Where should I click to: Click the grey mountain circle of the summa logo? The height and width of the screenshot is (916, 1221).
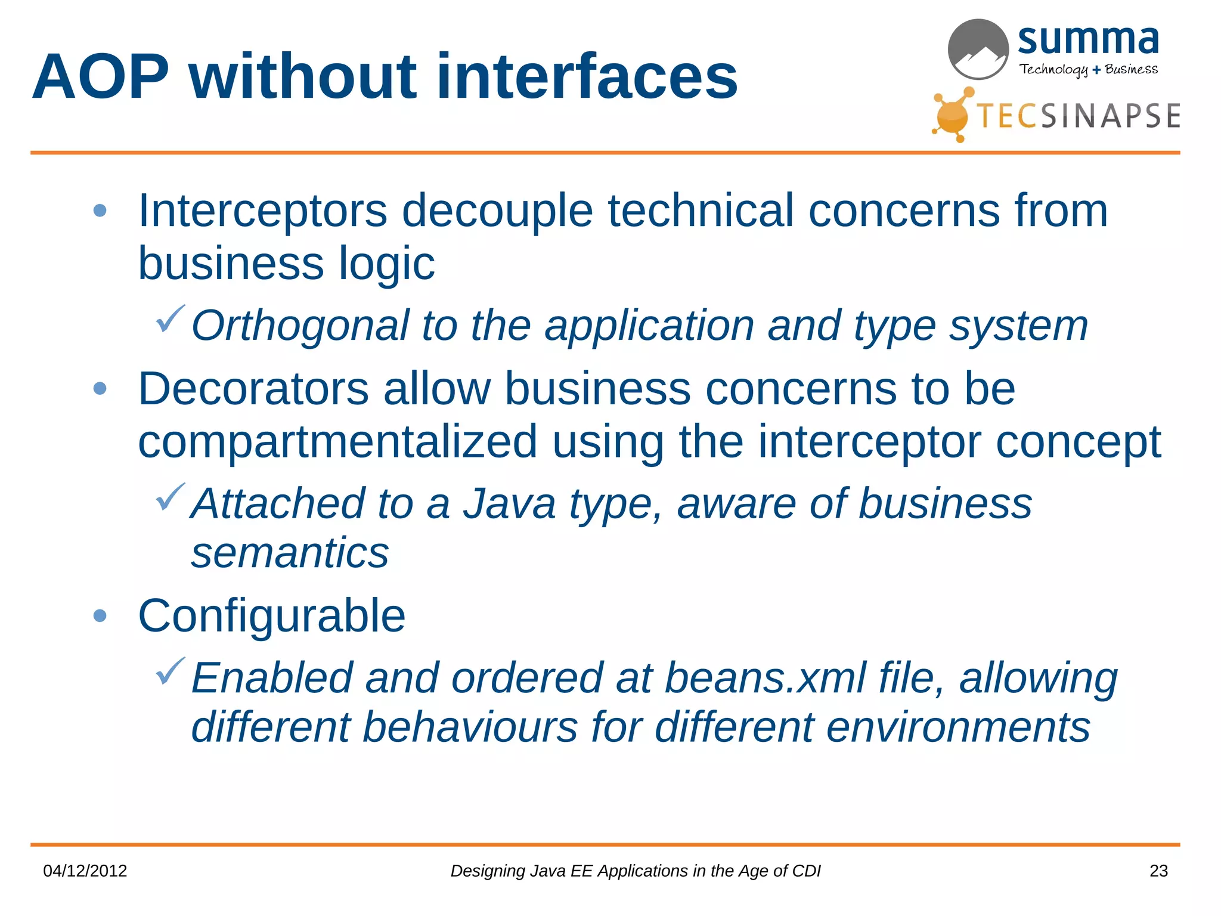(978, 49)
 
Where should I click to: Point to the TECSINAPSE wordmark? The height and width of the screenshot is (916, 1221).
(1078, 116)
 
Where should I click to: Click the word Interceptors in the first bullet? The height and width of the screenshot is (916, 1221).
(262, 211)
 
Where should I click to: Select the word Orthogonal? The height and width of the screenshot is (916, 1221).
(300, 326)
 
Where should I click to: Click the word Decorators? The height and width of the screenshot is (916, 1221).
(253, 389)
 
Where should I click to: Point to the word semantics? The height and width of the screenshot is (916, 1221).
(290, 553)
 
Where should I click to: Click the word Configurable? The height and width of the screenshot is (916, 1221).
(271, 616)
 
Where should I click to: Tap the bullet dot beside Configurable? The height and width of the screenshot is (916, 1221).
(100, 616)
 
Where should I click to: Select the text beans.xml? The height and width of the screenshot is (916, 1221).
(766, 679)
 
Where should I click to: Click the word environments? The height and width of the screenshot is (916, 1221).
(958, 728)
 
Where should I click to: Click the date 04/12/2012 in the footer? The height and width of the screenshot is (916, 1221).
(85, 871)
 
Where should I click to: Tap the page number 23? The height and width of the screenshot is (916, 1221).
(1158, 871)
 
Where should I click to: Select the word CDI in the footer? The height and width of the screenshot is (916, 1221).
(807, 871)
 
